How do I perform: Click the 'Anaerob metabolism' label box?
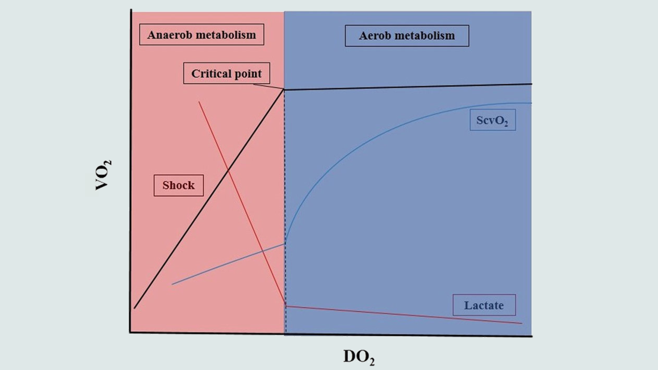click(202, 35)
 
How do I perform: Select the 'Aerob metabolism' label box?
click(407, 36)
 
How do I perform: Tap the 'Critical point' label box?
click(227, 74)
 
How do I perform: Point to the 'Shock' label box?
click(178, 185)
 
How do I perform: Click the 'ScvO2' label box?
click(492, 120)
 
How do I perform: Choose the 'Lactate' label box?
click(484, 305)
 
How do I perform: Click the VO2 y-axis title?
click(103, 175)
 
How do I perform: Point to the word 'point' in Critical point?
click(248, 74)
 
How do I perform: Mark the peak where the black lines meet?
click(284, 90)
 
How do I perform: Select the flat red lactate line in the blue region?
click(403, 314)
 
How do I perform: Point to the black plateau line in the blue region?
click(407, 87)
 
